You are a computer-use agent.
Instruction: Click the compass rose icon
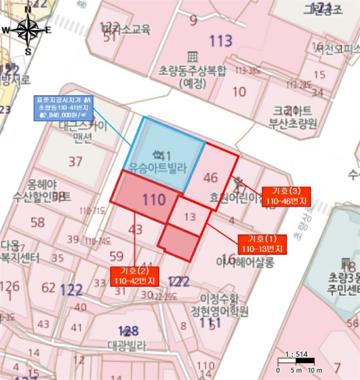[27, 31]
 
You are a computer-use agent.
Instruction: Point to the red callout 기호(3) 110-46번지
[286, 196]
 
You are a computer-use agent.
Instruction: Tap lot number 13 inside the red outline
[190, 217]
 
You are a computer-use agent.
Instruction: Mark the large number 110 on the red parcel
[154, 200]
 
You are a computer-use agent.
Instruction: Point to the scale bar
[296, 361]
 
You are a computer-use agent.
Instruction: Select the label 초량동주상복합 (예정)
[192, 77]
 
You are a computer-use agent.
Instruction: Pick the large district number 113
[220, 41]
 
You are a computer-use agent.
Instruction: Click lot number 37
[75, 161]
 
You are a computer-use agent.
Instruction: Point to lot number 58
[38, 223]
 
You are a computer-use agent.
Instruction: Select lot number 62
[48, 287]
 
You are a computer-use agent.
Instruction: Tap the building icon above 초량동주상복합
[192, 56]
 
